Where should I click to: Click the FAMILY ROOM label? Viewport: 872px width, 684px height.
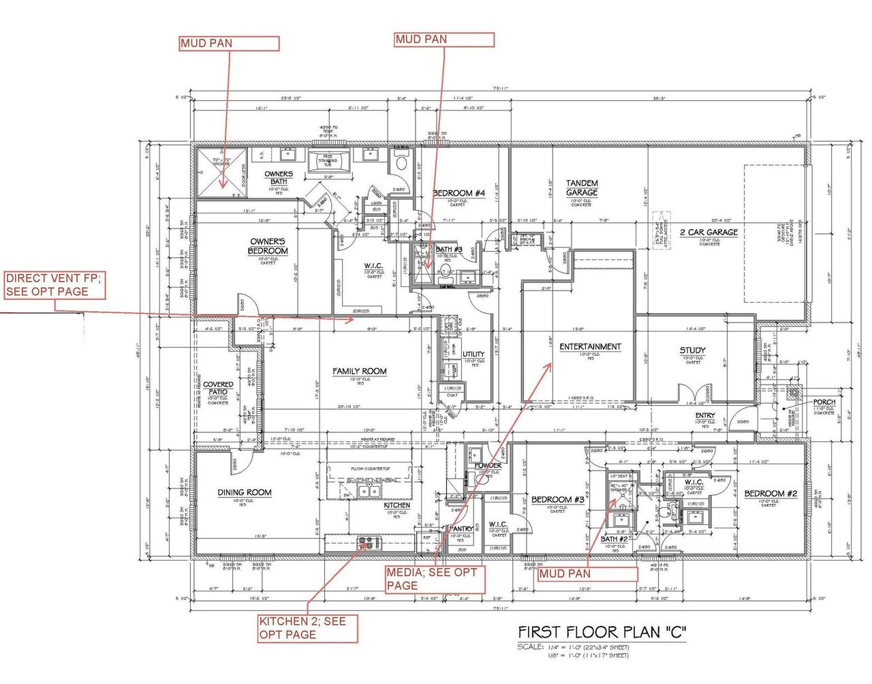359,372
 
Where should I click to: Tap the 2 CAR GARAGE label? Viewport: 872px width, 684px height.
708,232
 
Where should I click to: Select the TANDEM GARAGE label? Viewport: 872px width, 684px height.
582,188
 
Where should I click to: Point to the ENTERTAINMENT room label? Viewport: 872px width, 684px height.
590,346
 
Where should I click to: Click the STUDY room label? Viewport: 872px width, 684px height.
692,351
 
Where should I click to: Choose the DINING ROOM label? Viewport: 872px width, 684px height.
245,492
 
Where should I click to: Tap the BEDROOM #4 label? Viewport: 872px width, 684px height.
458,194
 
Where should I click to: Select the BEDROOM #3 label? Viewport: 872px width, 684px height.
557,500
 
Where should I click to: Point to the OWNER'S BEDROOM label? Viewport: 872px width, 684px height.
268,246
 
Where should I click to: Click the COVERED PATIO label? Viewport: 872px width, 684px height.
218,388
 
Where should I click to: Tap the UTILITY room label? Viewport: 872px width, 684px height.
473,355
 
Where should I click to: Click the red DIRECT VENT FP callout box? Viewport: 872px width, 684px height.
54,284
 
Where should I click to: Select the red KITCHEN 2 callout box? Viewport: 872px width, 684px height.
307,627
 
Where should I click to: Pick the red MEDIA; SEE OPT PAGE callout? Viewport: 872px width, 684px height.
435,578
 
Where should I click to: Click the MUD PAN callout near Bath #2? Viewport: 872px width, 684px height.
587,574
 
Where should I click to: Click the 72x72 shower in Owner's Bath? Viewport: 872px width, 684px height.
221,172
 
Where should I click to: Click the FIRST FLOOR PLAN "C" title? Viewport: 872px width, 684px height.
601,631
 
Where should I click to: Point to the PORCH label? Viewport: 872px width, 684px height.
824,402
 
